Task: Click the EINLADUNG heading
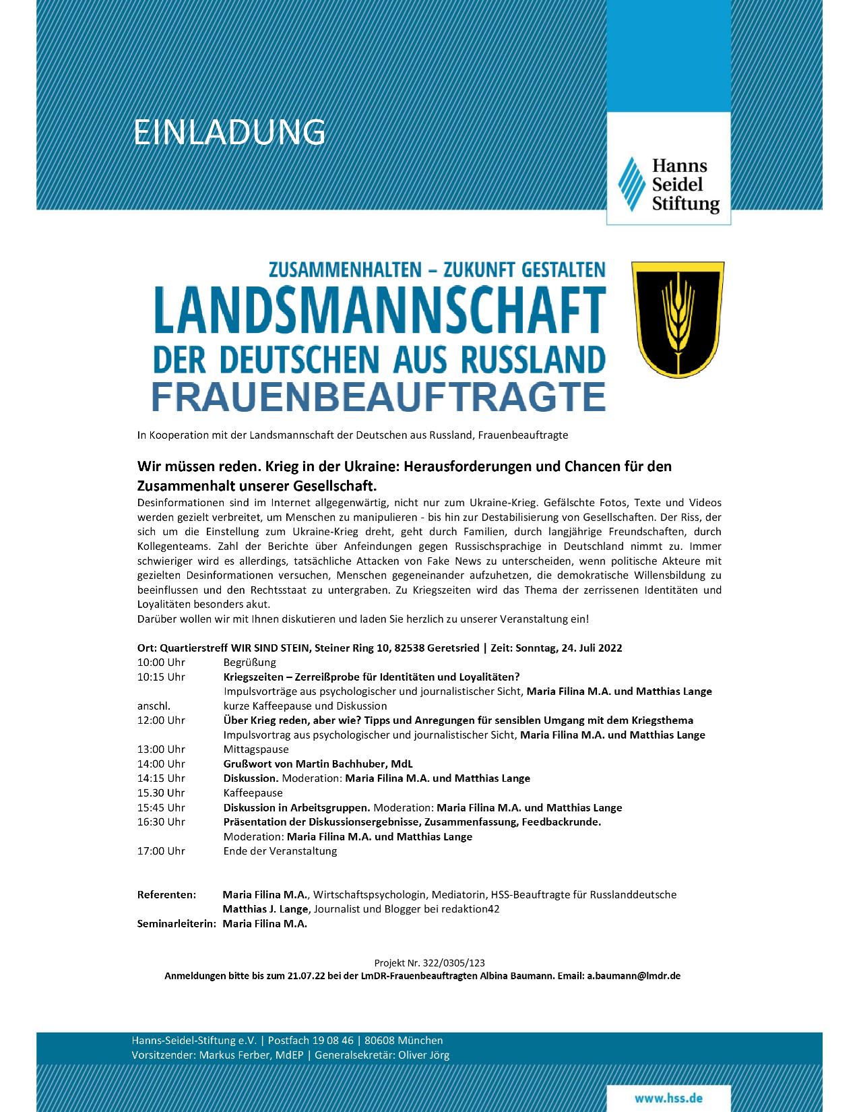click(229, 132)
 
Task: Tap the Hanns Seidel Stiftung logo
click(668, 185)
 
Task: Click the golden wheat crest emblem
click(677, 319)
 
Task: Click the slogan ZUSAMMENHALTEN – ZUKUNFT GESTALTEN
click(437, 270)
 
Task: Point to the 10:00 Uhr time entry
click(161, 662)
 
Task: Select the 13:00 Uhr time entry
click(161, 749)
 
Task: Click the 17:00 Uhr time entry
click(161, 851)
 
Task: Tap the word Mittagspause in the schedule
click(256, 749)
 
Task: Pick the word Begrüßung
click(250, 662)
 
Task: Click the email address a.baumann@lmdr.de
click(633, 976)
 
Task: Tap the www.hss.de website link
click(668, 1098)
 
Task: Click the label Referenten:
click(166, 895)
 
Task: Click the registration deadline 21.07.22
click(306, 976)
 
